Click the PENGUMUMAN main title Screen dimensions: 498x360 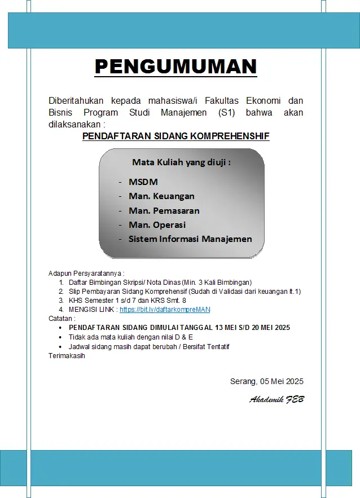click(175, 67)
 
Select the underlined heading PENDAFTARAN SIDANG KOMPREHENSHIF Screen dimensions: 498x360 click(175, 136)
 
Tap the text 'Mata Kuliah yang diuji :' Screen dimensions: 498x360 click(181, 162)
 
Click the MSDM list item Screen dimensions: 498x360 click(143, 182)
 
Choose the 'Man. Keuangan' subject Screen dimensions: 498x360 click(161, 196)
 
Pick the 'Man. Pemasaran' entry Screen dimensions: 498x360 click(164, 210)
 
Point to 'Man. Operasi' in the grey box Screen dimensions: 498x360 click(157, 224)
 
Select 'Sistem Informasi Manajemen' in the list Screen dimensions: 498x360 click(190, 239)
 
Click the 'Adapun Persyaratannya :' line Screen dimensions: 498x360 click(86, 273)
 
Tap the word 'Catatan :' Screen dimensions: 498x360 click(62, 319)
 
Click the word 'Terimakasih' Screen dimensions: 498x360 click(67, 355)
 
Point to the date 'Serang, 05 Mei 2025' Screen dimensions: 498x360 click(266, 381)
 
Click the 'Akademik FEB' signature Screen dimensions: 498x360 click(276, 399)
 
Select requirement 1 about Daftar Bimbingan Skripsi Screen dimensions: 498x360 click(160, 282)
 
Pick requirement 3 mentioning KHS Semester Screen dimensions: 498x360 click(128, 301)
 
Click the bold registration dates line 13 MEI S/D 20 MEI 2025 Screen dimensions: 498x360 click(179, 328)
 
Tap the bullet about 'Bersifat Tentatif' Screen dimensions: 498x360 click(149, 346)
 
